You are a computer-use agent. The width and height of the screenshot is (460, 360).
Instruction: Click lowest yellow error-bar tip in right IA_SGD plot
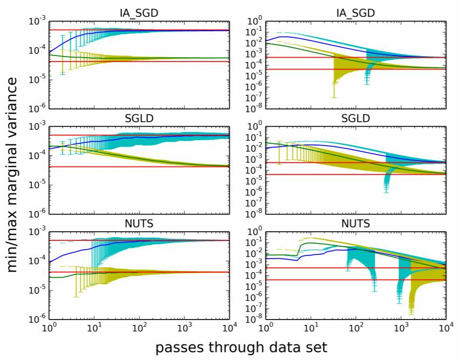coord(334,97)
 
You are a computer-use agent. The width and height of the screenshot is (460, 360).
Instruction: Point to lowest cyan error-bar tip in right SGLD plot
coord(386,192)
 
